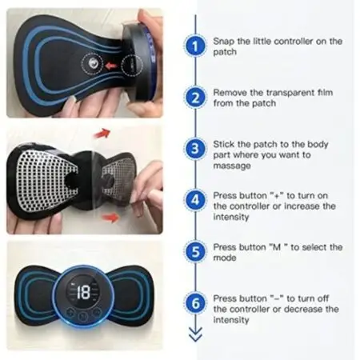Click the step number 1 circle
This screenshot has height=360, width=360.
coord(195,46)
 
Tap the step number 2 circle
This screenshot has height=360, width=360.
coord(195,98)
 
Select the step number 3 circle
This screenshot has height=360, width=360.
coord(195,149)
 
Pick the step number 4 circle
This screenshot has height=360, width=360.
coord(195,200)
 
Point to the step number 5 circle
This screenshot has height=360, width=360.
coord(195,252)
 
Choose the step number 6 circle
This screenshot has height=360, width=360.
coord(195,303)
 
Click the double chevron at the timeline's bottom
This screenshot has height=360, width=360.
coord(195,334)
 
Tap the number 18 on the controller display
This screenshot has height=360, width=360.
coord(84,292)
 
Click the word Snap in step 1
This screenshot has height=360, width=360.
coord(224,42)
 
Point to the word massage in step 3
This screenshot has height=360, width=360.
coord(232,166)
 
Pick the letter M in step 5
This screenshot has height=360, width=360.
coord(277,247)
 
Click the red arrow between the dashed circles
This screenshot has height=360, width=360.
coord(111,66)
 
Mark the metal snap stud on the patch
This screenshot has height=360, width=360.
coord(93,64)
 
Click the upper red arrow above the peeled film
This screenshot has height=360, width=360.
coord(102,133)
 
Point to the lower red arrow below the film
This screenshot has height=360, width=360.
coord(110,218)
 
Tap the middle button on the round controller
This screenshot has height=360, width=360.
coord(83,316)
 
